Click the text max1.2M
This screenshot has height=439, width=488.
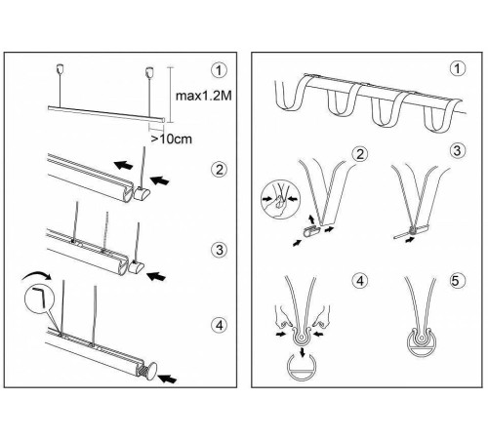click(203, 96)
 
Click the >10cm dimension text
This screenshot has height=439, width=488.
click(172, 139)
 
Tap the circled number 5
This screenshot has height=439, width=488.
click(456, 280)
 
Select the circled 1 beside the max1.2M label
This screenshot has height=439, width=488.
click(219, 70)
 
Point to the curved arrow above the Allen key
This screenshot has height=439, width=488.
click(36, 275)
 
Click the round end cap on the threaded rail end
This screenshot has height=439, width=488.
click(150, 370)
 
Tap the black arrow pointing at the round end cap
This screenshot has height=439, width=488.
click(167, 379)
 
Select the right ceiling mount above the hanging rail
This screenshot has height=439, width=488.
click(149, 71)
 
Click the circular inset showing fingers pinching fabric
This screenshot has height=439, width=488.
click(280, 200)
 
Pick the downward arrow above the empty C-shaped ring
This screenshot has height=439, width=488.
click(304, 352)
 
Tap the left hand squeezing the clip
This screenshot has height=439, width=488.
click(282, 317)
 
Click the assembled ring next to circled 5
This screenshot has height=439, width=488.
click(422, 343)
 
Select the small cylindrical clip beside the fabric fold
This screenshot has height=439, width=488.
click(311, 232)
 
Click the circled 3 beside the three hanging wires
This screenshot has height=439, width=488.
click(220, 250)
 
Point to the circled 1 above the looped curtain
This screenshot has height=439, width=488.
click(458, 69)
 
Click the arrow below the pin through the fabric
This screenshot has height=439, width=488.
click(411, 240)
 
